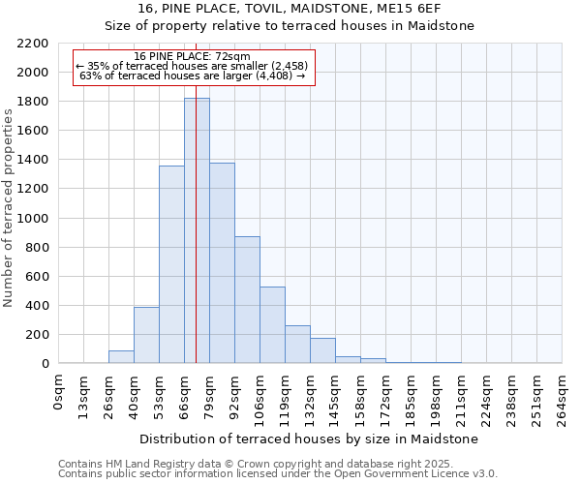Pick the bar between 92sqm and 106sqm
coord(247,300)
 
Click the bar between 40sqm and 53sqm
coord(146,335)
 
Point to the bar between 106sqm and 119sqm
coord(272,325)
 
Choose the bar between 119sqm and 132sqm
coord(297,345)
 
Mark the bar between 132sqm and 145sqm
coord(322,350)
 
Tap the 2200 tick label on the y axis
coord(32,44)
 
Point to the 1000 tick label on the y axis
coord(32,219)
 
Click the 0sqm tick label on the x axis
coord(59,392)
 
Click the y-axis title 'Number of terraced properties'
coord(9,208)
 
